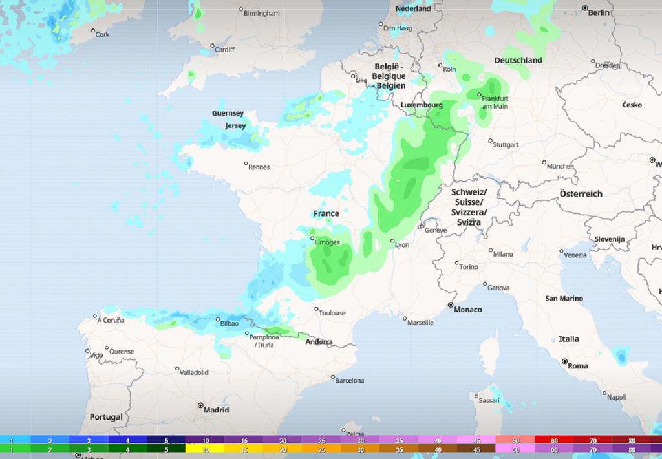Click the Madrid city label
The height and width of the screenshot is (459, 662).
217,410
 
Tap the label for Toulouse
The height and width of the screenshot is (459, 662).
332,313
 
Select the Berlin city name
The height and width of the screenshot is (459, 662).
599,12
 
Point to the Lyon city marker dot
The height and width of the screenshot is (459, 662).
392,241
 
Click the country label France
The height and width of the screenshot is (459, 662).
326,213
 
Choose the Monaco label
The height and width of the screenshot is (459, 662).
467,310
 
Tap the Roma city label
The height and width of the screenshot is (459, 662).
578,366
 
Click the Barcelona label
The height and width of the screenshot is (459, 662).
350,381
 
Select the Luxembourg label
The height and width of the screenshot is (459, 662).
422,105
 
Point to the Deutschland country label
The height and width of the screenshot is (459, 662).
518,60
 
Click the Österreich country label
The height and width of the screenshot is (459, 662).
581,193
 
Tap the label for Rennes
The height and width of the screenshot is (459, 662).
259,167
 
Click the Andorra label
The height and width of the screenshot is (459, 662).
319,342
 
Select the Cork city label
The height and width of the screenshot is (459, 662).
103,34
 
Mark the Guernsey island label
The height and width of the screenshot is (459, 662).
228,113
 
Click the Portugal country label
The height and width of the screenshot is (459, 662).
106,417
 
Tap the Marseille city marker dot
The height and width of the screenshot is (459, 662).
405,319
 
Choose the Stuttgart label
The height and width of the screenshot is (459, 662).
505,145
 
